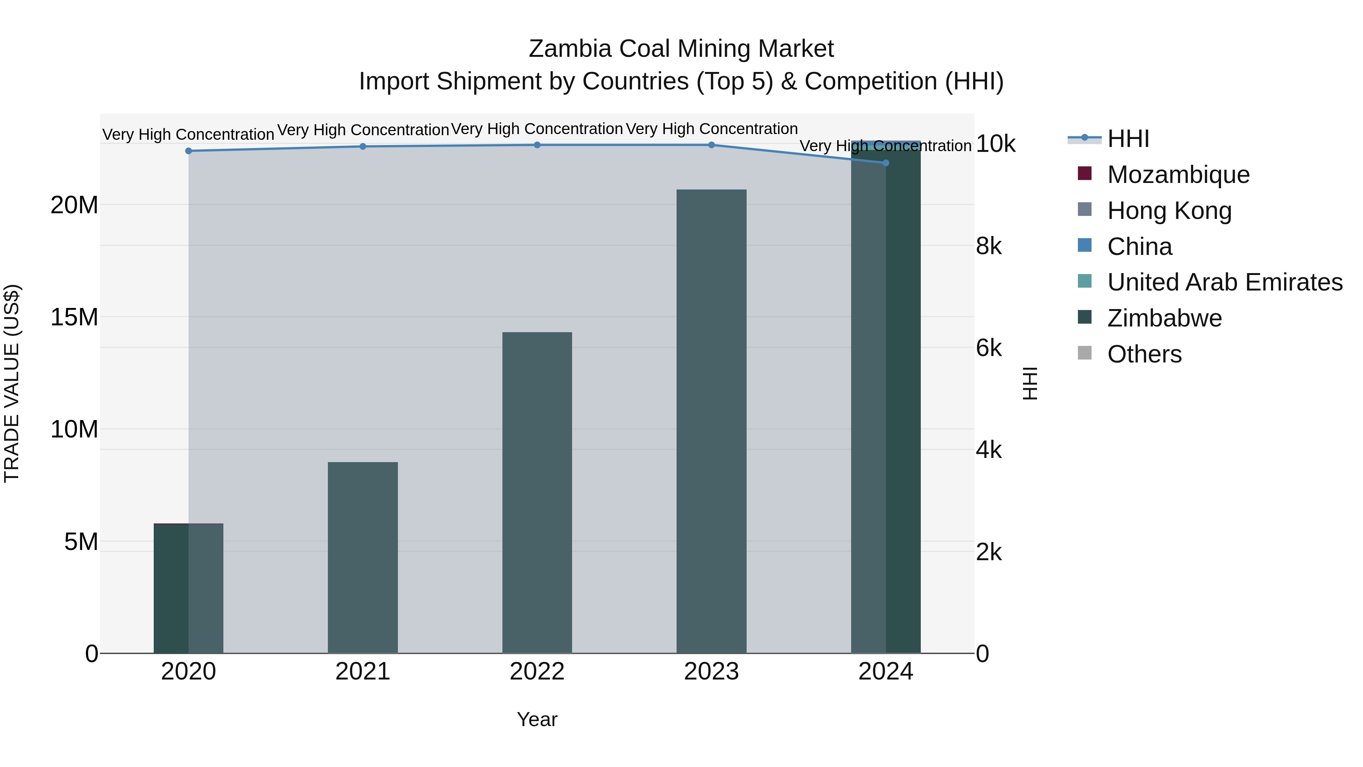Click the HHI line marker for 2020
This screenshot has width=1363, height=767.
point(189,151)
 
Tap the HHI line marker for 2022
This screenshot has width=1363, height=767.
point(537,145)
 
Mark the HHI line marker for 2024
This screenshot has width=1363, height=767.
point(886,163)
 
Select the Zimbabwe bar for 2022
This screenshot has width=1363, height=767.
point(537,492)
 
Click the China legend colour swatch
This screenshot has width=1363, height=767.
point(1085,245)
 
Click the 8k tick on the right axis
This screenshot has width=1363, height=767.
point(989,246)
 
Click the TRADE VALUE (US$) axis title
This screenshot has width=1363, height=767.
point(12,383)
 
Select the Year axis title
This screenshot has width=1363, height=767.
point(537,719)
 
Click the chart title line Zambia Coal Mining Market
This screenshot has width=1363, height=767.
point(681,49)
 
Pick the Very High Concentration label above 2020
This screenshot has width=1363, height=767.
point(189,134)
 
